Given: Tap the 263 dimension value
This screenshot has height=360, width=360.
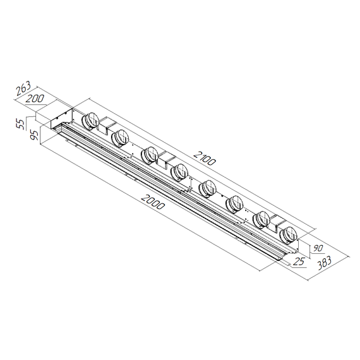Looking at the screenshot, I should [x=23, y=89].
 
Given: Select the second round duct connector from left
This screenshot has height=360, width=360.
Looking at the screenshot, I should [x=120, y=136].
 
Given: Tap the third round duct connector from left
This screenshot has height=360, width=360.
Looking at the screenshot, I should [x=150, y=154].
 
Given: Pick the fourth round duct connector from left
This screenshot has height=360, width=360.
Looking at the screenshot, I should [x=179, y=171].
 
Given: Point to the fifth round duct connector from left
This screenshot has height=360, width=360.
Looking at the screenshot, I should [x=207, y=188].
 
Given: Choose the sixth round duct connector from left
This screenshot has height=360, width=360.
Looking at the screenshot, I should [x=234, y=203].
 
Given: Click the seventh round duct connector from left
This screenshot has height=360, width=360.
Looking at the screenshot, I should [x=261, y=219].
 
